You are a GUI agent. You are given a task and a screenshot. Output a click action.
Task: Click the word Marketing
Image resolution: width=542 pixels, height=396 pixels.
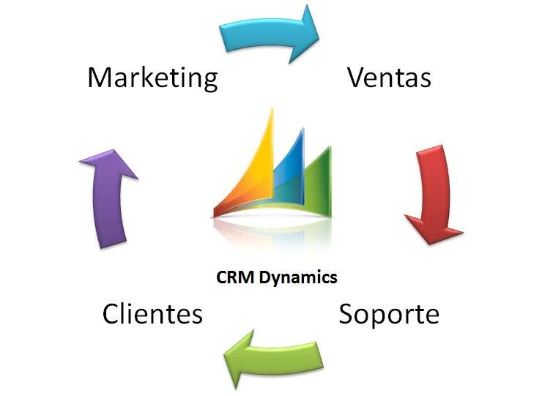[152, 78]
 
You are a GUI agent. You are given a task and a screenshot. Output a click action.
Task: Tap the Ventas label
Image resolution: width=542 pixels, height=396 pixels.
[389, 77]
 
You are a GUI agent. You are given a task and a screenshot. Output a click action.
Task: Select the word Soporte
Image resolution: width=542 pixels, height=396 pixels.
[388, 314]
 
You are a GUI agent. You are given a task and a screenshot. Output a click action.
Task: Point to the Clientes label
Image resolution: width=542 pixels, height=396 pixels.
[152, 314]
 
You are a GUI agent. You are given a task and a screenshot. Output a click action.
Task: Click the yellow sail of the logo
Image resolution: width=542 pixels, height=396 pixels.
[253, 168]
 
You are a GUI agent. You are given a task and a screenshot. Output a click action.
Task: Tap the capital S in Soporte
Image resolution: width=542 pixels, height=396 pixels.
[347, 314]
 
